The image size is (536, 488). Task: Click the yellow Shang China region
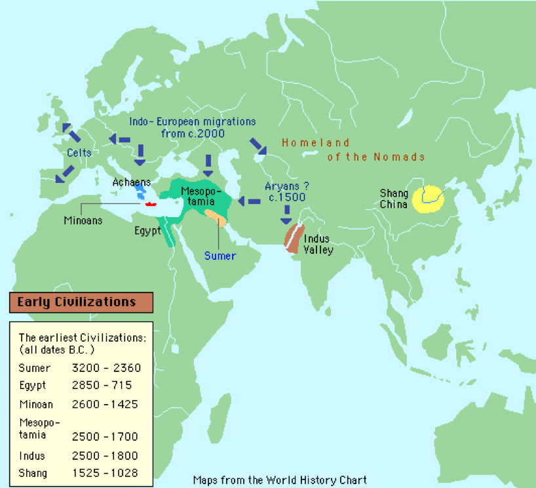coord(428,196)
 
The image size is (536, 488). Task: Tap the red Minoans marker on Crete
coord(151,203)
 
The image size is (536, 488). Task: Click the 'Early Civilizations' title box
coord(81,302)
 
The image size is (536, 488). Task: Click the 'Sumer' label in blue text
coord(220,255)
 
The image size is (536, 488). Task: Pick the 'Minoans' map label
coord(83,220)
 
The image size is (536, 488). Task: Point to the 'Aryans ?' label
coord(287,186)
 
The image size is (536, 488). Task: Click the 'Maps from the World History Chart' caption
coord(280,479)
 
